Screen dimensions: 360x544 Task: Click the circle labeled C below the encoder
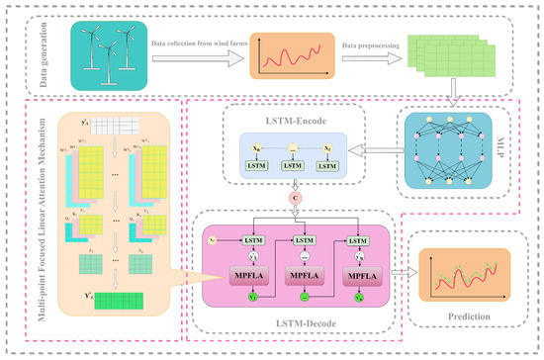(x=295, y=198)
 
